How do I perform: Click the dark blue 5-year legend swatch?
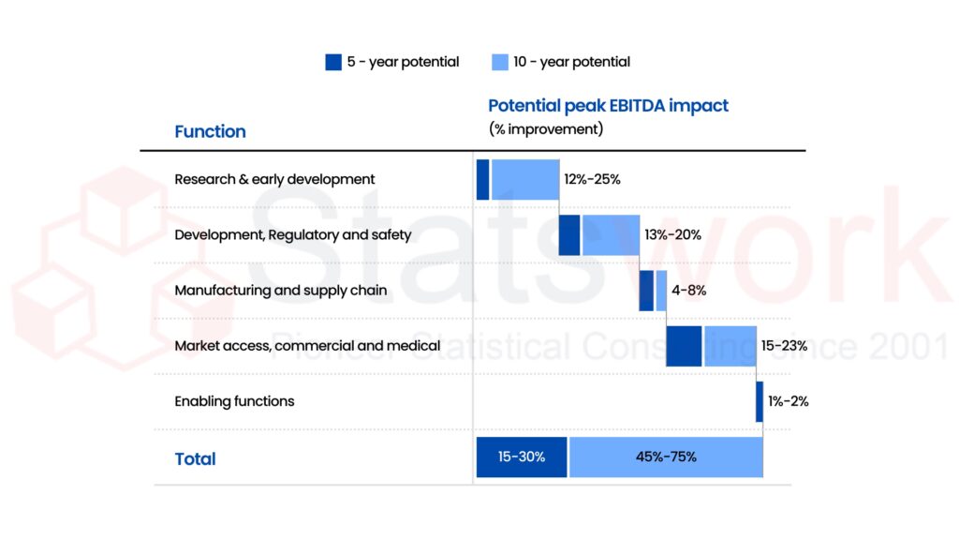coord(333,62)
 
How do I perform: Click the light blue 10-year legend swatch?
coord(500,62)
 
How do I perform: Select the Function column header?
coord(210,131)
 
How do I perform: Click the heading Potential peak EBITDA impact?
coord(608,106)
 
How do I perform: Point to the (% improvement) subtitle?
coord(546,129)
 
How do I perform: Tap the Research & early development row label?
coord(274,179)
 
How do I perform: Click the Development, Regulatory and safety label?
coord(292,234)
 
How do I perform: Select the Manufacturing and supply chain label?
coord(280,291)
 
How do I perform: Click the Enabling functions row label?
coord(234,401)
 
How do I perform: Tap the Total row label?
coord(195,458)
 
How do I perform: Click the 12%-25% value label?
coord(592,179)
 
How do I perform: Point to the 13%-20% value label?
coord(672,234)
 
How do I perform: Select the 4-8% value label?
coord(688,291)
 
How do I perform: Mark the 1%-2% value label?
coord(789,401)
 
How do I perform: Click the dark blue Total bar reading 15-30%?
coord(522,457)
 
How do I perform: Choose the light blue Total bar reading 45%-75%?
coord(665,457)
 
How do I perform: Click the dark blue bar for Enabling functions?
coord(760,401)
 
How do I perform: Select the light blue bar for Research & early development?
coord(525,179)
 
